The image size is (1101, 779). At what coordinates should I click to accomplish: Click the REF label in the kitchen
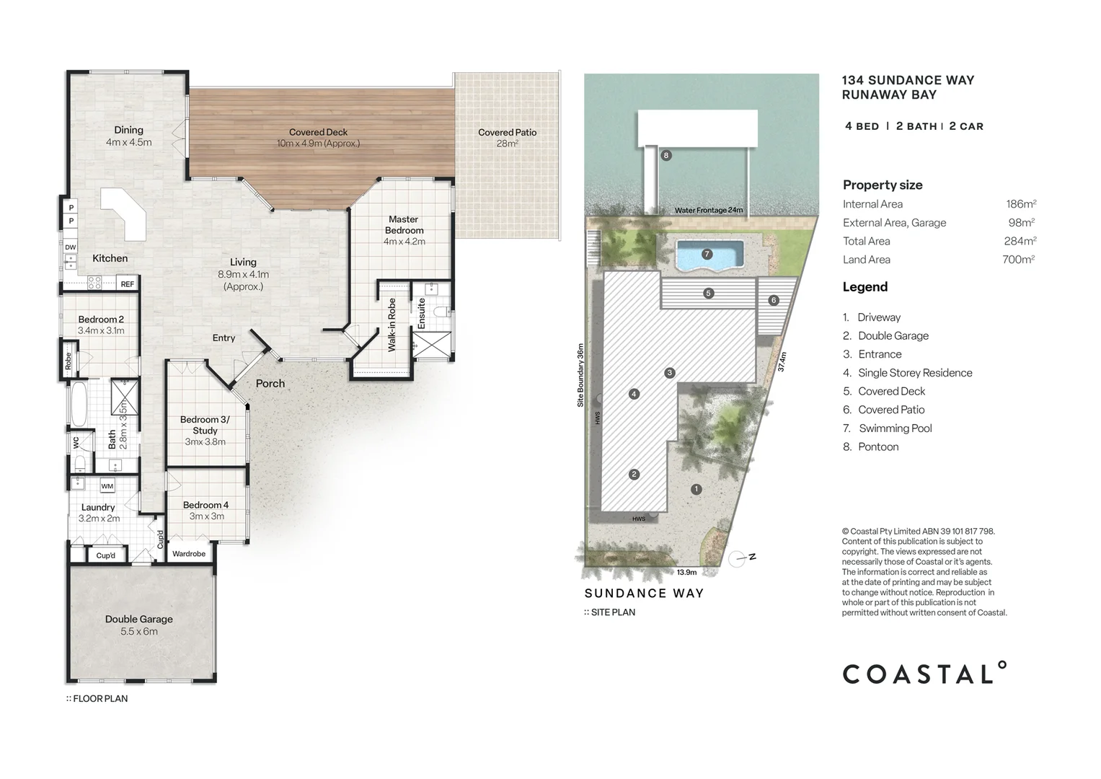pyautogui.click(x=128, y=283)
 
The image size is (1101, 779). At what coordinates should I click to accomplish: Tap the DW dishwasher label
pyautogui.click(x=70, y=247)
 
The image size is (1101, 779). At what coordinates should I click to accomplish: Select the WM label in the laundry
pyautogui.click(x=107, y=486)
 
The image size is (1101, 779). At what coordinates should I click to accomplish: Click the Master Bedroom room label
pyautogui.click(x=404, y=225)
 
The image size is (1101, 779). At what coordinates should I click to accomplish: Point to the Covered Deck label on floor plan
pyautogui.click(x=318, y=132)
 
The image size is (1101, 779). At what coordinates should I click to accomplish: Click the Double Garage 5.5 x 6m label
pyautogui.click(x=139, y=625)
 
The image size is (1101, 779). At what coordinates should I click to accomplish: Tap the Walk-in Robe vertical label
pyautogui.click(x=392, y=325)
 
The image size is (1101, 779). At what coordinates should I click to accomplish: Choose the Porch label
pyautogui.click(x=270, y=384)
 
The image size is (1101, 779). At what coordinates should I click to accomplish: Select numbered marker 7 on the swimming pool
pyautogui.click(x=707, y=254)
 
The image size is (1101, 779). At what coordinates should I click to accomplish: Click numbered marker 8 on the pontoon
pyautogui.click(x=666, y=155)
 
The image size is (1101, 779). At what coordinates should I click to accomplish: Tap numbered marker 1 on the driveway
pyautogui.click(x=696, y=489)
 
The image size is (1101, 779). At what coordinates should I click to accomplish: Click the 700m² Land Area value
pyautogui.click(x=1019, y=259)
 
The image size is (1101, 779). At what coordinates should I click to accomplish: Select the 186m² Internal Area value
pyautogui.click(x=1021, y=203)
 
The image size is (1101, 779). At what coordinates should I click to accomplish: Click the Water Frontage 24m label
pyautogui.click(x=709, y=210)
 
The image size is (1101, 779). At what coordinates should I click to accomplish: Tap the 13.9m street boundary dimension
pyautogui.click(x=686, y=572)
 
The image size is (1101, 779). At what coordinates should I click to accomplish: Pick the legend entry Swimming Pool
pyautogui.click(x=895, y=428)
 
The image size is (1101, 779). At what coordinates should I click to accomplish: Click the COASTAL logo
pyautogui.click(x=924, y=673)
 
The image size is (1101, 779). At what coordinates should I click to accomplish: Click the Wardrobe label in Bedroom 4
pyautogui.click(x=189, y=554)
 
